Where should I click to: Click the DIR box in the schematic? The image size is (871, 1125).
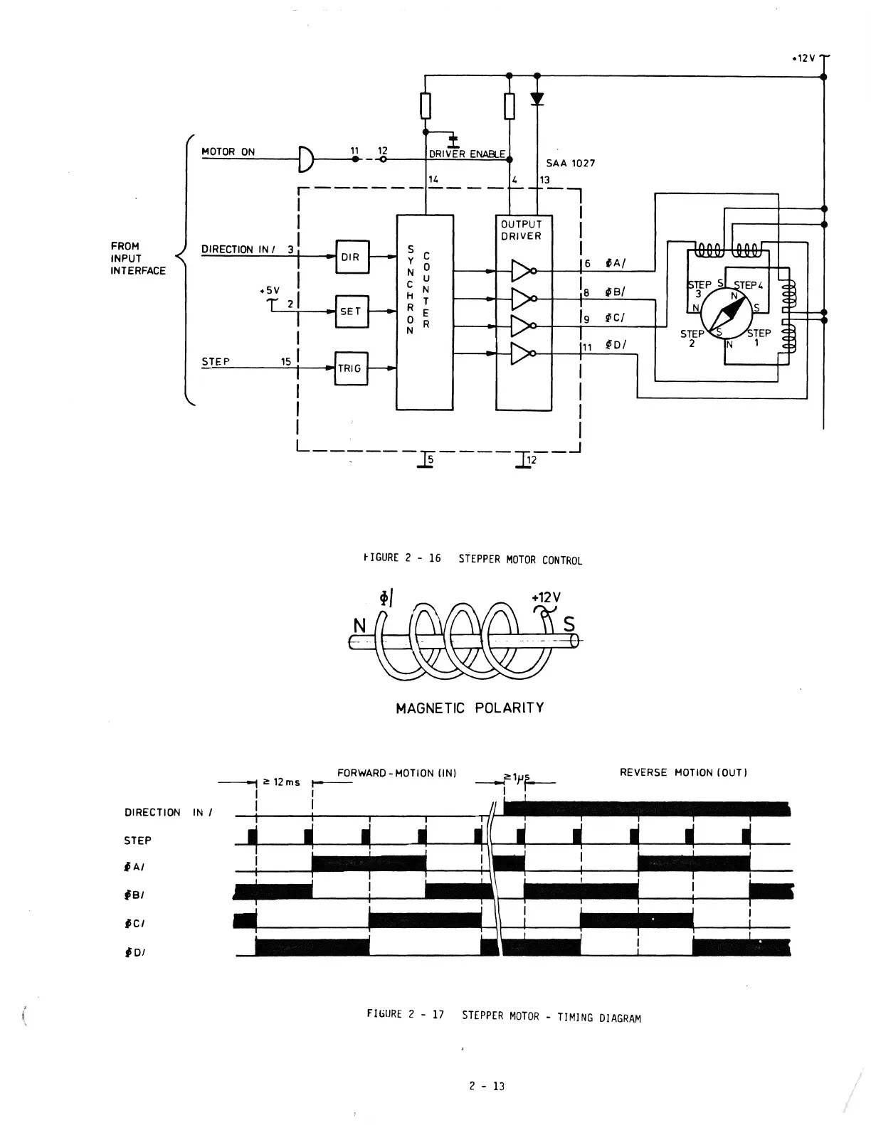click(352, 257)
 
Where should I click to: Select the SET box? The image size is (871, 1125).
click(352, 311)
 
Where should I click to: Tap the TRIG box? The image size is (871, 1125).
click(351, 368)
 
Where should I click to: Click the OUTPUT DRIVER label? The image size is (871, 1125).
click(522, 230)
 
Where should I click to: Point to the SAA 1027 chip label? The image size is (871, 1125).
click(571, 164)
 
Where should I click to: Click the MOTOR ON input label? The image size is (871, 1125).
click(228, 151)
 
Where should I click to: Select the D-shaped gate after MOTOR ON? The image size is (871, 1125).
click(306, 159)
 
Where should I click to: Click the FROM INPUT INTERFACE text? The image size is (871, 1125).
click(138, 258)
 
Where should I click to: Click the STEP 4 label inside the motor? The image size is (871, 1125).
click(748, 285)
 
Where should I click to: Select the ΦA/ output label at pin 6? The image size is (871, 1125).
click(615, 263)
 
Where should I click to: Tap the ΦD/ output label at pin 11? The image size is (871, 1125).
click(615, 346)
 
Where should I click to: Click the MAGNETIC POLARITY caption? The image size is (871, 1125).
click(470, 708)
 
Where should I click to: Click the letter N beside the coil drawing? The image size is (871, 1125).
click(360, 626)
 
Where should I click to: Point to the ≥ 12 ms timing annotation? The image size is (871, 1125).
click(282, 782)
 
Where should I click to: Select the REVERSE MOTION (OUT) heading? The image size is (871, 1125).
click(683, 772)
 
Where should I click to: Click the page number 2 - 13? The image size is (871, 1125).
click(487, 1086)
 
